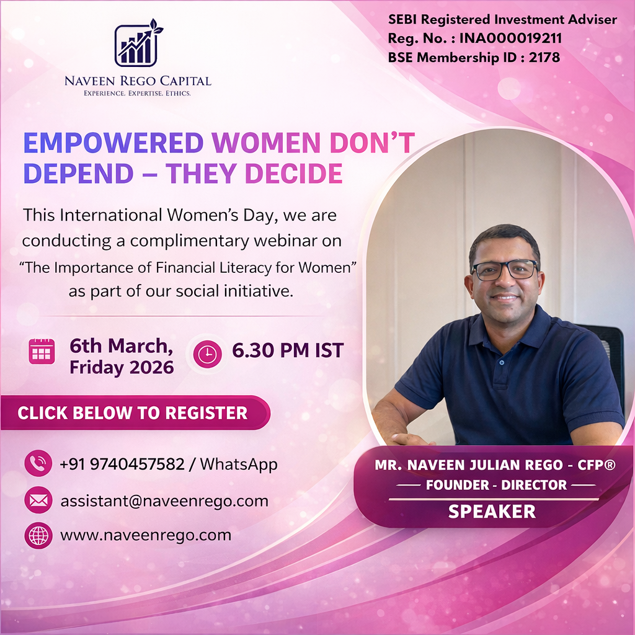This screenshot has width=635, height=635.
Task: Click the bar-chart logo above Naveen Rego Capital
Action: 136,45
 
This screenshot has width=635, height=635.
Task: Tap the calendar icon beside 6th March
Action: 42,352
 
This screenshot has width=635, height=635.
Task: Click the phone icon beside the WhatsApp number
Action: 38,463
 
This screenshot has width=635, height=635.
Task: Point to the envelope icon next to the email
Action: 38,500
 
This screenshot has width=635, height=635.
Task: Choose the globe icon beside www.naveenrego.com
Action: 38,535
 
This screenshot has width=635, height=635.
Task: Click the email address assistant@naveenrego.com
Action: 164,500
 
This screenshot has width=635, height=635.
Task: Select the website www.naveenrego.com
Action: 146,535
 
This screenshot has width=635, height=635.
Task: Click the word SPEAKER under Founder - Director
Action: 492,512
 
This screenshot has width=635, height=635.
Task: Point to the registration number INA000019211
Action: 510,38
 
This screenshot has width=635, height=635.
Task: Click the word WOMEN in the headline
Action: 267,143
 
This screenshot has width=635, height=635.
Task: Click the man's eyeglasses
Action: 504,270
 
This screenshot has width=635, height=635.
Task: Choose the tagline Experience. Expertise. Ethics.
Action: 138,94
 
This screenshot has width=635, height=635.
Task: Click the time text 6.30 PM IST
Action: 287,351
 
